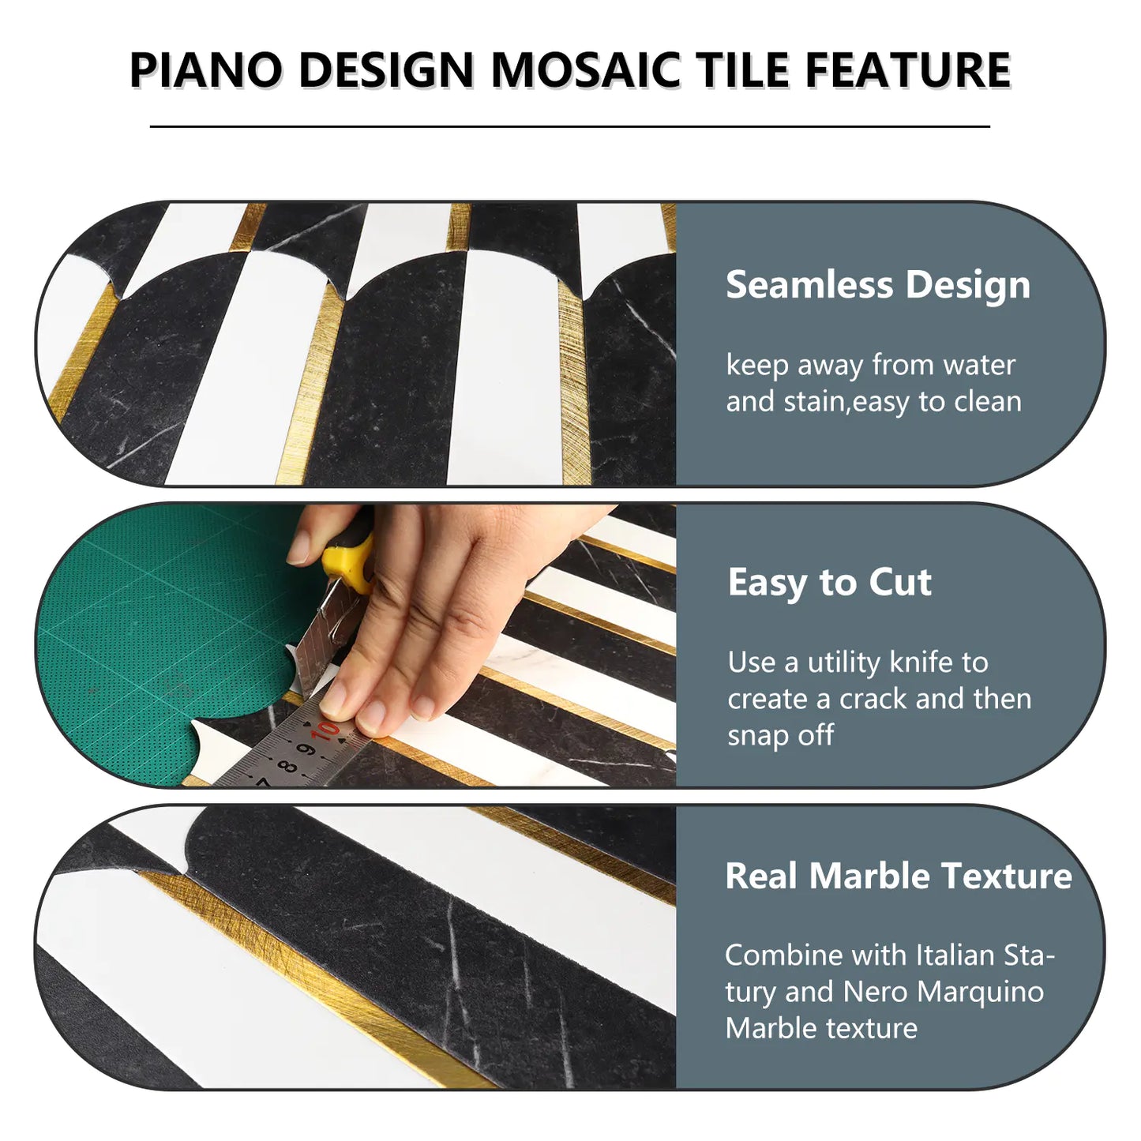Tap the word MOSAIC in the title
pos(585,69)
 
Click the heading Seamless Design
pos(877,285)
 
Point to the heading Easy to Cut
pos(829,583)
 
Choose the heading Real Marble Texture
pos(898,876)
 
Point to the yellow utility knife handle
pos(351,557)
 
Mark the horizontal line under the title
pos(569,126)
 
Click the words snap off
pos(780,735)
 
